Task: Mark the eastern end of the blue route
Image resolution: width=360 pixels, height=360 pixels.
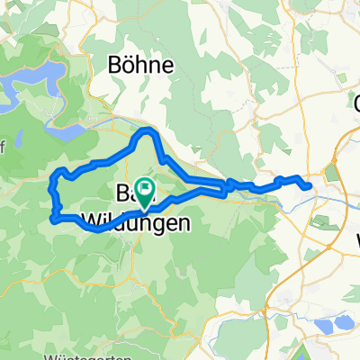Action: [x=310, y=186]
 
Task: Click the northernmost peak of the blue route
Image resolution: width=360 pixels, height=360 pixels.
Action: [x=147, y=131]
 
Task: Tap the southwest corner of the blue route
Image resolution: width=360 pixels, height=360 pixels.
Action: [x=55, y=217]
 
